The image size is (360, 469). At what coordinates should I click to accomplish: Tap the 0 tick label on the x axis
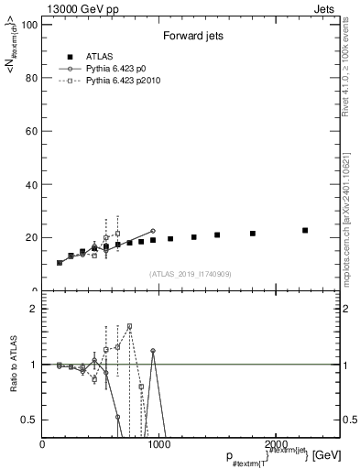43,443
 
